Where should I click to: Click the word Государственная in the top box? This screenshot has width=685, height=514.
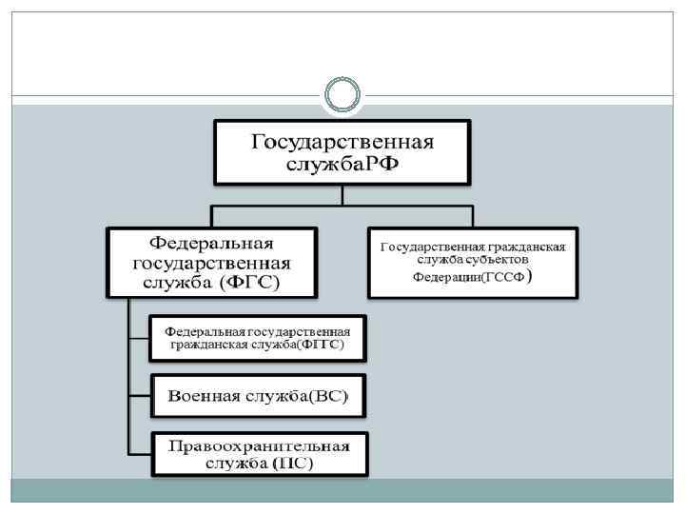(x=342, y=142)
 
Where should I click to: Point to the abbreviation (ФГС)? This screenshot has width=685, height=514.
(x=255, y=283)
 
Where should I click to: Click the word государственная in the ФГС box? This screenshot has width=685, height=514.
(x=212, y=262)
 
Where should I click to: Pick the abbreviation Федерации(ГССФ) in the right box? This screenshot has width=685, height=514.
(x=472, y=278)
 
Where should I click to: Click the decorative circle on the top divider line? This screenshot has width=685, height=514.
(x=342, y=95)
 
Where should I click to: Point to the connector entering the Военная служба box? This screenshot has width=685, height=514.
(x=139, y=395)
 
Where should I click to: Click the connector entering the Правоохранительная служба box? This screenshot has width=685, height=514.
(x=139, y=453)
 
